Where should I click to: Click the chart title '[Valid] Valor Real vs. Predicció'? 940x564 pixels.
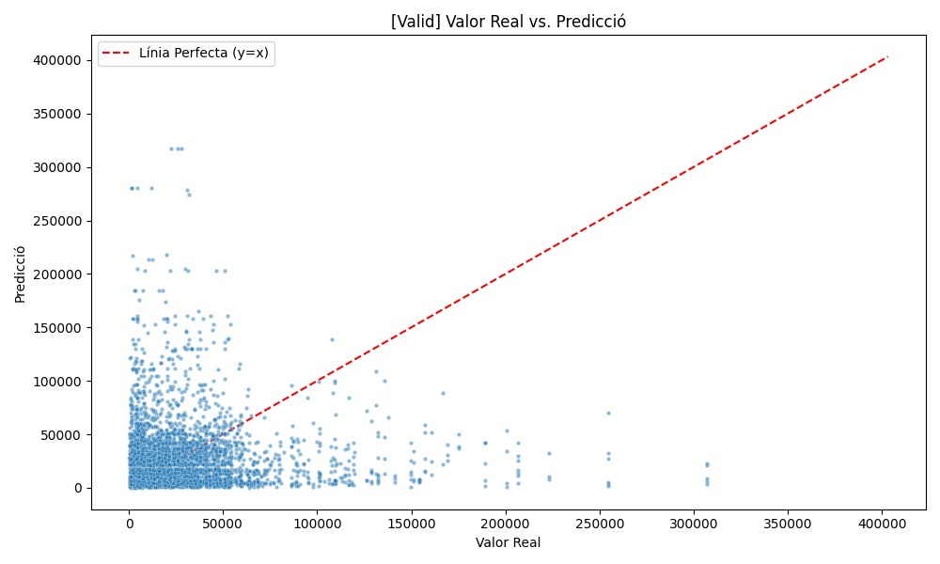(x=509, y=21)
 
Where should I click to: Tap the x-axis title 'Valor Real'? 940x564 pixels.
(x=509, y=543)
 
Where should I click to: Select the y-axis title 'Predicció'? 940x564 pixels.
(x=20, y=274)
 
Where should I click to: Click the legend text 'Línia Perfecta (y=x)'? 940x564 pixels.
(x=203, y=53)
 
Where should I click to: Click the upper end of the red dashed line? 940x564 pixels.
(x=888, y=56)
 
